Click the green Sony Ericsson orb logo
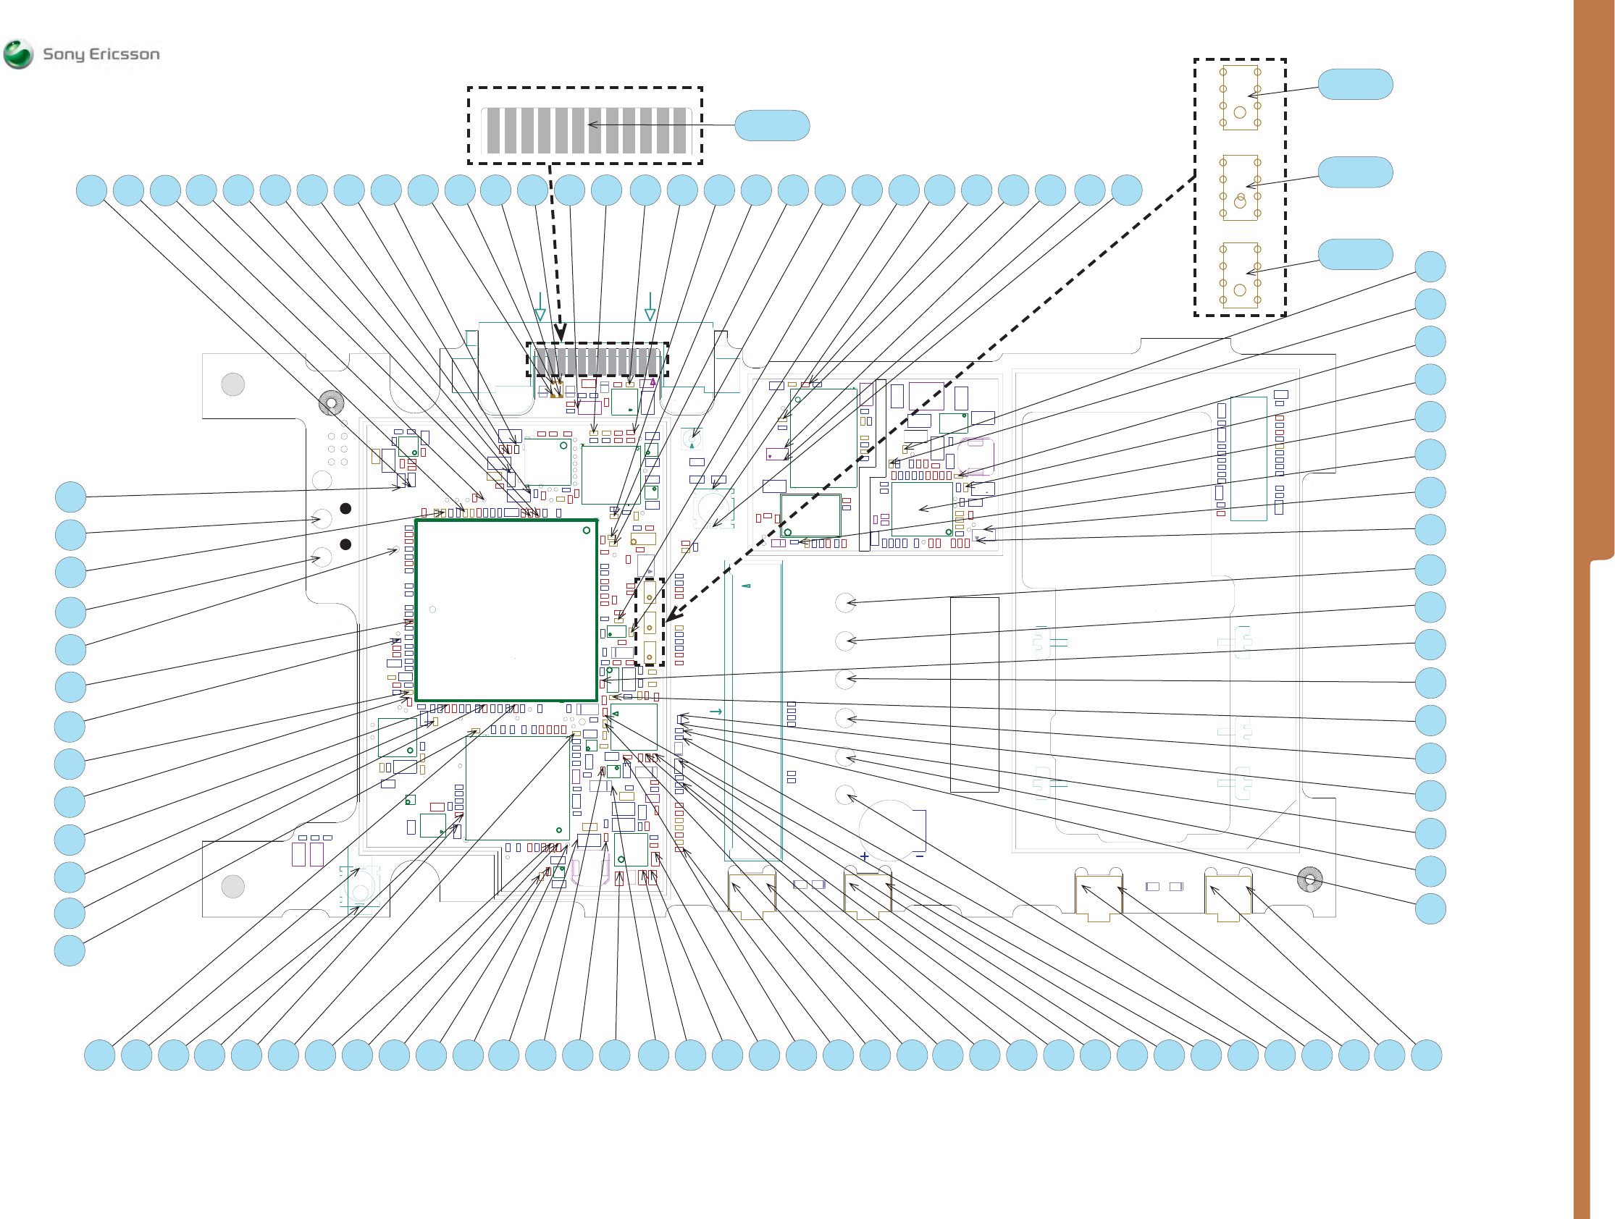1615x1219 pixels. coord(18,54)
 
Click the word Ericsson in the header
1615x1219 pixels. coord(124,54)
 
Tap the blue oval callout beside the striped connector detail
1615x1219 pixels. coord(772,125)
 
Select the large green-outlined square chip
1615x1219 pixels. coord(506,610)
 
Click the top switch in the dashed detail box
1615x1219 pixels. coord(1240,98)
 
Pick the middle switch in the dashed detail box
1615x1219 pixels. coord(1240,187)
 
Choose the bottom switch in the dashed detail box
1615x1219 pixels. coord(1240,275)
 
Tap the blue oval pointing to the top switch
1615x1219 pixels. coord(1355,85)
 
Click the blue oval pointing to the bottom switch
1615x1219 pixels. coord(1355,255)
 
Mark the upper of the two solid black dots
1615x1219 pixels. coord(346,509)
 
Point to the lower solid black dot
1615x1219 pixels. coord(346,544)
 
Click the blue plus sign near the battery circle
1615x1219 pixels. coord(865,856)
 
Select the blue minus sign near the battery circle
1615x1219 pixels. coord(919,856)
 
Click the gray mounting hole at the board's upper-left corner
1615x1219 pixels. coord(233,384)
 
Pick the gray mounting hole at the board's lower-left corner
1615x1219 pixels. coord(233,887)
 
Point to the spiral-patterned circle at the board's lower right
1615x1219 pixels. coord(1310,880)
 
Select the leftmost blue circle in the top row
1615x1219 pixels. coord(91,190)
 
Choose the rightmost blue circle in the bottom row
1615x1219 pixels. coord(1426,1055)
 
